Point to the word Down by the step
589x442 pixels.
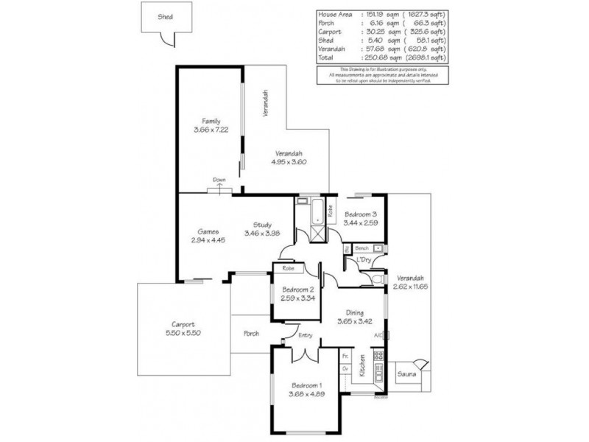tap(219, 180)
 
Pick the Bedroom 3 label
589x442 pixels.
tap(361, 214)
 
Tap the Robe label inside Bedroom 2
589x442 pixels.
tap(288, 269)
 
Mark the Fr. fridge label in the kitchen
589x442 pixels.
tap(345, 356)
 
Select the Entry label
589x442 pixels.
tap(306, 336)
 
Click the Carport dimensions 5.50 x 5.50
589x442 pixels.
tap(183, 333)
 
